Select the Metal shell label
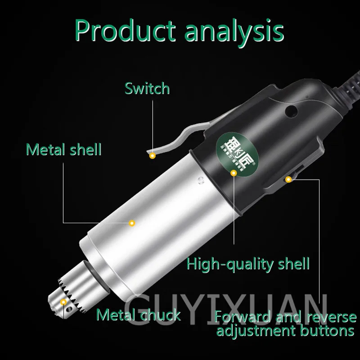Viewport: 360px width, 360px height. pyautogui.click(x=63, y=149)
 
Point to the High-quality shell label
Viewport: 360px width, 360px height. pyautogui.click(x=248, y=263)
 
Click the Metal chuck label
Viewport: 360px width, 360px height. pyautogui.click(x=139, y=315)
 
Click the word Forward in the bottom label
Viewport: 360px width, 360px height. pyautogui.click(x=247, y=317)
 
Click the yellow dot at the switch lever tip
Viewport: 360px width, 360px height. pyautogui.click(x=153, y=156)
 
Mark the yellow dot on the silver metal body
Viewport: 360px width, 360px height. pyautogui.click(x=132, y=223)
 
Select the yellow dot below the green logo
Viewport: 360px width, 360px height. pyautogui.click(x=233, y=172)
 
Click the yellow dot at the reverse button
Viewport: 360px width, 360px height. pyautogui.click(x=288, y=180)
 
